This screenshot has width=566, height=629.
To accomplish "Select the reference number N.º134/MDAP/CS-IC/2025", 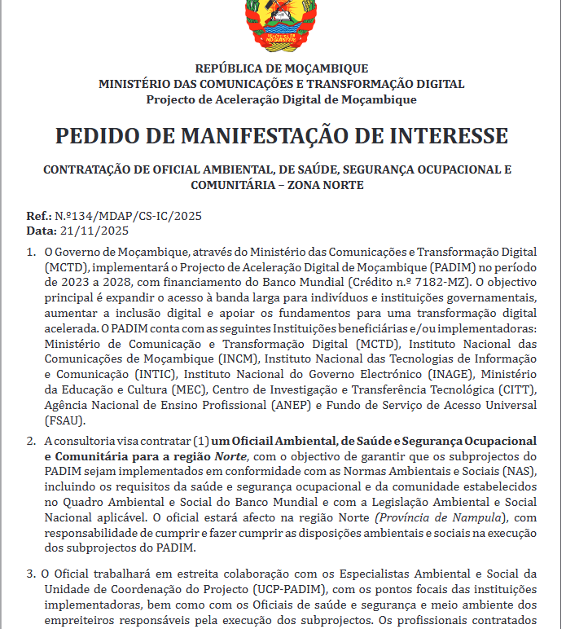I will tap(128, 217).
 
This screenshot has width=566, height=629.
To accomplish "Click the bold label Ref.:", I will tap(39, 217).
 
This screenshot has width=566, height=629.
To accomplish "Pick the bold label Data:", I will tap(42, 231).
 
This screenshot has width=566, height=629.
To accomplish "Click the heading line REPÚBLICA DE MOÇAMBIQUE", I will tap(282, 68).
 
